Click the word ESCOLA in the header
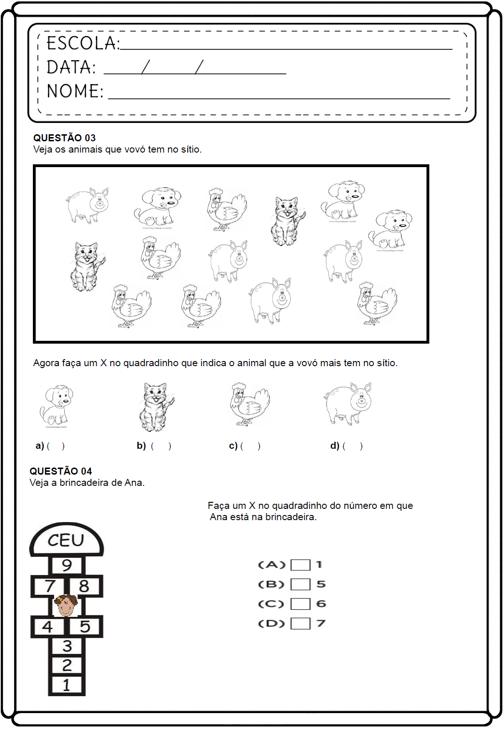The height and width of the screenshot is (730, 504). (x=83, y=43)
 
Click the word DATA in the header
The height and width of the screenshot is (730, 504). (x=71, y=68)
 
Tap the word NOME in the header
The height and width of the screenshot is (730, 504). (x=75, y=91)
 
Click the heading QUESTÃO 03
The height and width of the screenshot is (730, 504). (x=64, y=138)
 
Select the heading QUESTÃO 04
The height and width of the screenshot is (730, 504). (x=61, y=471)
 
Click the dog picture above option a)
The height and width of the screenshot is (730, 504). (x=56, y=405)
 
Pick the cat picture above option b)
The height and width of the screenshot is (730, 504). (x=156, y=407)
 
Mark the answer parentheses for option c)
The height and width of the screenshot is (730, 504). (x=250, y=446)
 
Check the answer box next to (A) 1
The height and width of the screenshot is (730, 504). (x=300, y=565)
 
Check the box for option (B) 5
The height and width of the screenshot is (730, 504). (x=300, y=584)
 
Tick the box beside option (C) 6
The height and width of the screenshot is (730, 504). (x=300, y=604)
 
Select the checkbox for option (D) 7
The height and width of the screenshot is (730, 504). (x=300, y=623)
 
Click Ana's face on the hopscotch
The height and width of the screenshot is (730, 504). (x=66, y=606)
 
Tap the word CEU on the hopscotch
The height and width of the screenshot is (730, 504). (x=66, y=540)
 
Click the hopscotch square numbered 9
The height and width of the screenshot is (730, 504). (x=67, y=565)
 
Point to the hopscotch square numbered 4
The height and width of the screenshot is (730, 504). (x=47, y=627)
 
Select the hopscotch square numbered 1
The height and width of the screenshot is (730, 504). (x=66, y=685)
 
